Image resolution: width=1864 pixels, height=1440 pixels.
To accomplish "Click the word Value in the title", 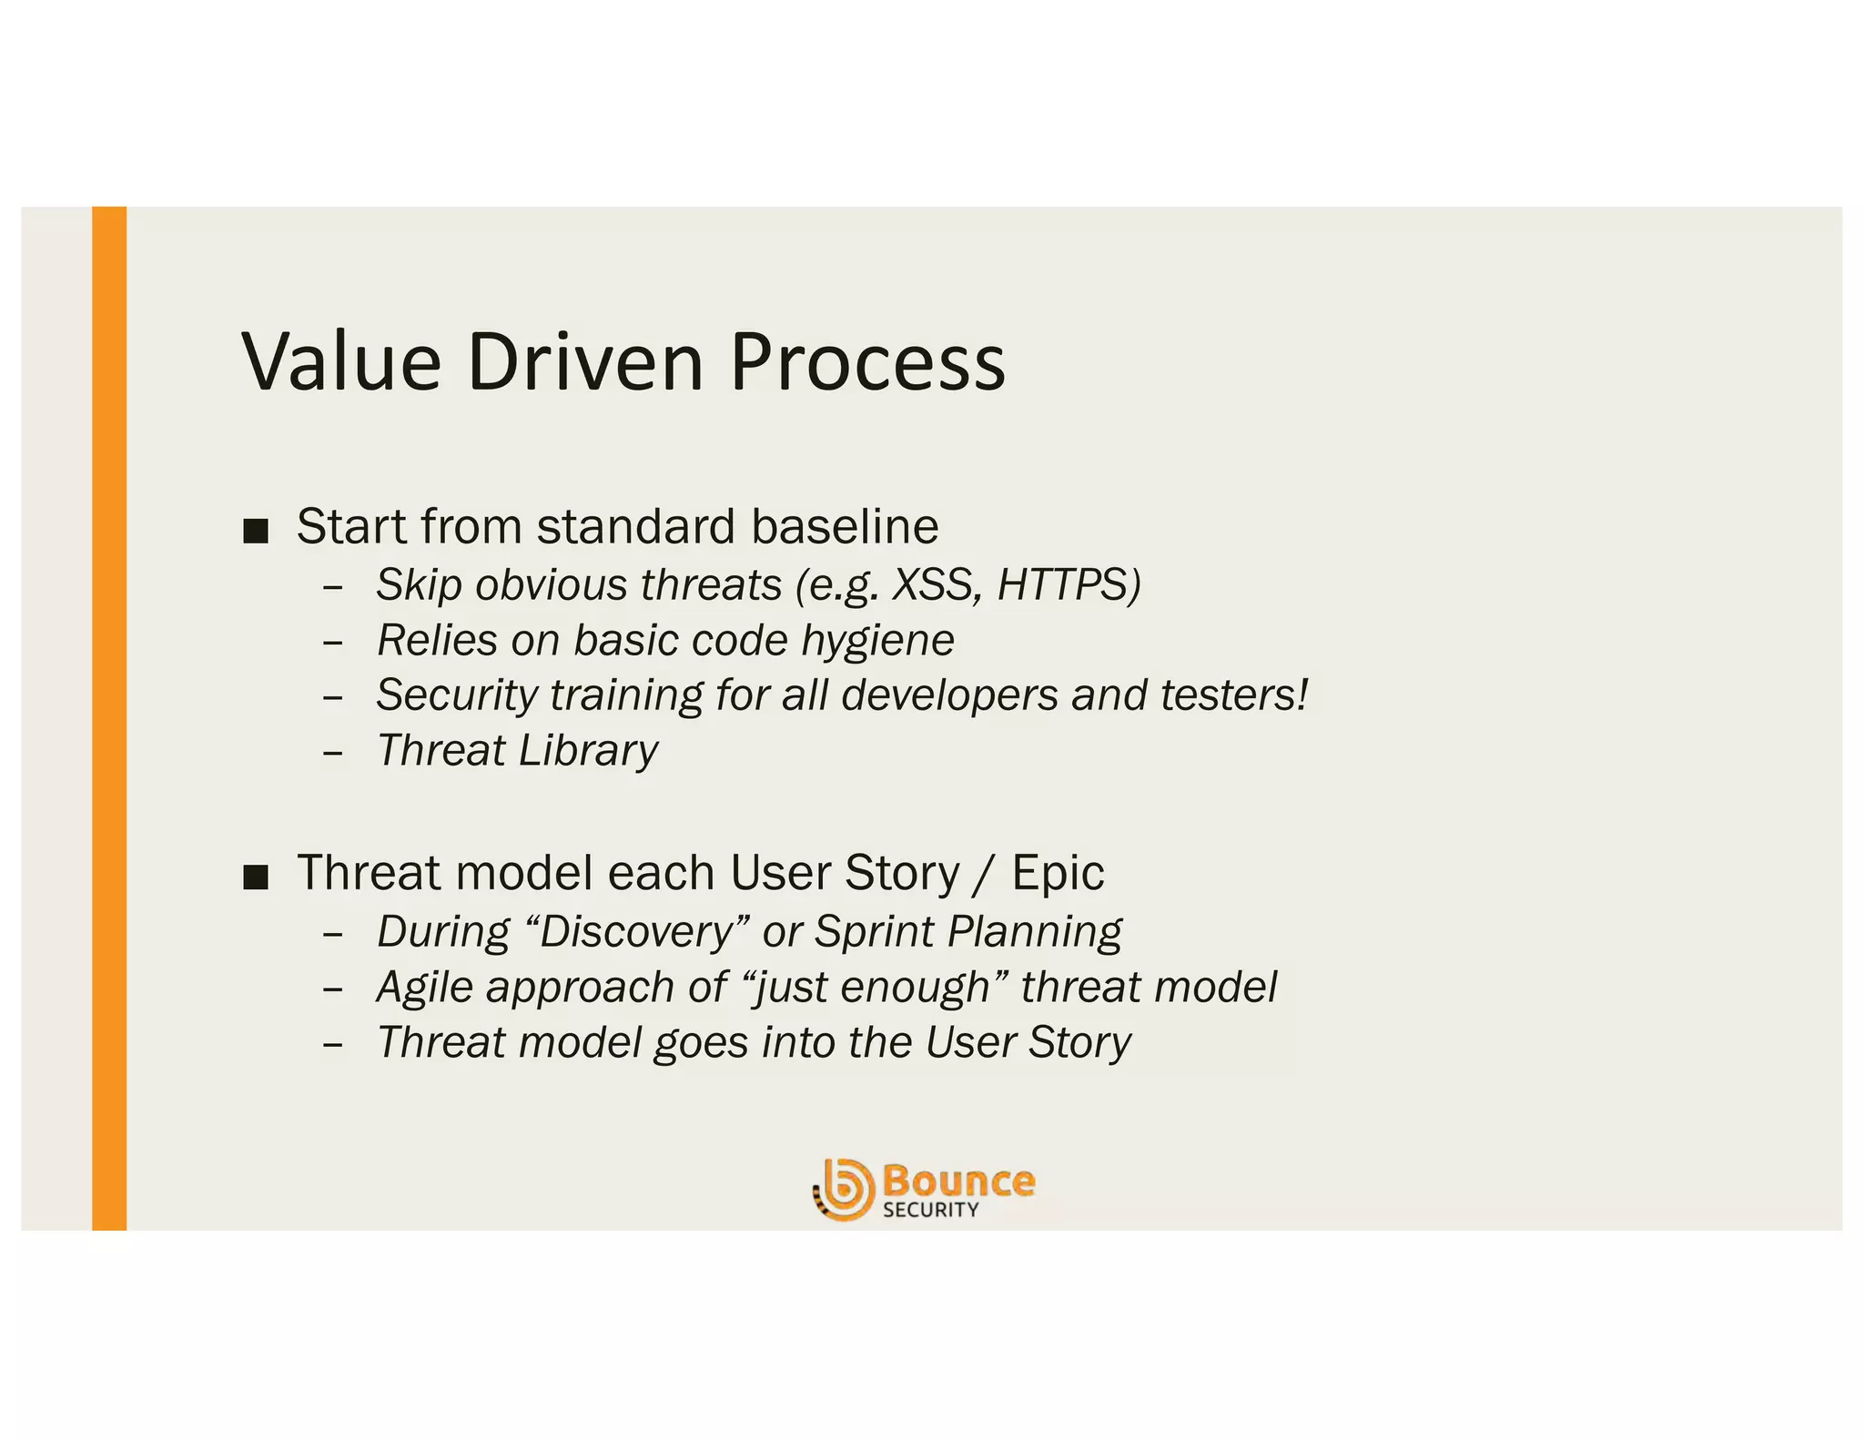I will click(x=341, y=362).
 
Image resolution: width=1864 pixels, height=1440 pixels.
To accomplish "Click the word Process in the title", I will click(x=867, y=362).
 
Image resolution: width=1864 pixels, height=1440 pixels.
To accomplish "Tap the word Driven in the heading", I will click(x=585, y=362).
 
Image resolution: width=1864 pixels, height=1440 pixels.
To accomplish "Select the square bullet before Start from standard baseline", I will click(x=256, y=531).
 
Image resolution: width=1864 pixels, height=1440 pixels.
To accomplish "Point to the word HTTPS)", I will click(x=1069, y=584).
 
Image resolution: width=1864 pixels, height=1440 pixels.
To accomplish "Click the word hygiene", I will click(x=877, y=640).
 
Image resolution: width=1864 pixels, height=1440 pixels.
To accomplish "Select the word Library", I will click(x=588, y=751).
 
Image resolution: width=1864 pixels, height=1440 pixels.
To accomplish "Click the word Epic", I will click(x=1058, y=873).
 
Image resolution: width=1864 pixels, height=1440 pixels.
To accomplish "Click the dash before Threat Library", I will click(x=332, y=755).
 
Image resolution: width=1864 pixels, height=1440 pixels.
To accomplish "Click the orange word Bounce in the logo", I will click(x=958, y=1181).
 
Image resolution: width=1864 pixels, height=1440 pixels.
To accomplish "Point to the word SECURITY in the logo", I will click(x=930, y=1210).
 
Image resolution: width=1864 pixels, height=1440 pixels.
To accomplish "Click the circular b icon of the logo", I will click(x=844, y=1189).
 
